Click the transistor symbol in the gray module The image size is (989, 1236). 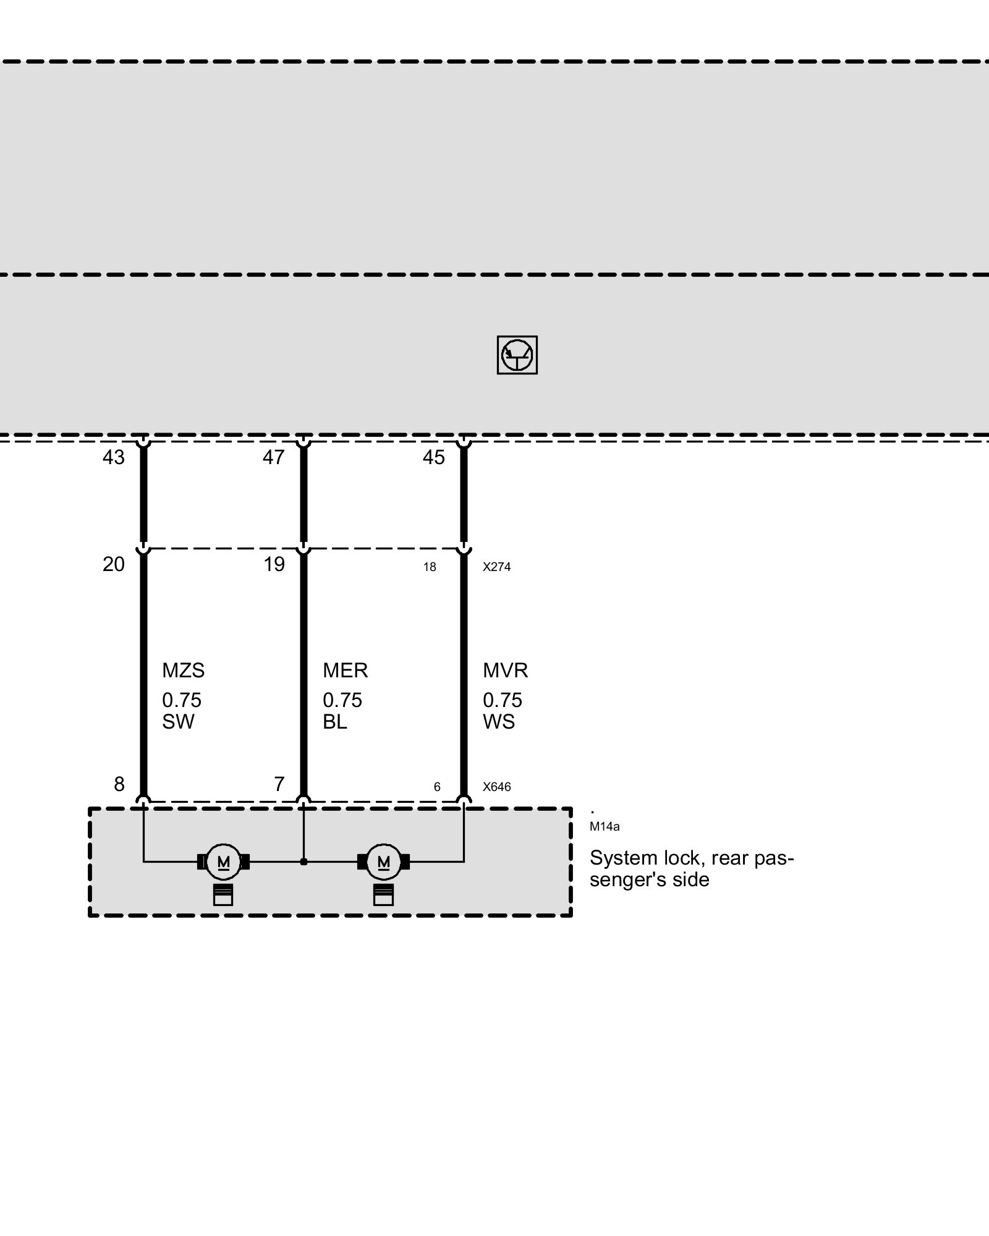click(x=517, y=355)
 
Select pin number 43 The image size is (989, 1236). click(x=114, y=457)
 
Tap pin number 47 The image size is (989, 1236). click(x=274, y=457)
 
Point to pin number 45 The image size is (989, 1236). click(x=434, y=457)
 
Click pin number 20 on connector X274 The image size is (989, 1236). click(x=114, y=564)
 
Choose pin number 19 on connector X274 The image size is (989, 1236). click(x=274, y=564)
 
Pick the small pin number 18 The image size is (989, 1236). click(x=430, y=567)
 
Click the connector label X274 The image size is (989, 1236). click(x=497, y=567)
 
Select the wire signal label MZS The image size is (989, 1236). click(x=183, y=671)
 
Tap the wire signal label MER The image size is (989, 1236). click(x=345, y=671)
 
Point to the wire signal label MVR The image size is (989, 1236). click(x=506, y=671)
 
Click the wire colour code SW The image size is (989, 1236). click(x=178, y=722)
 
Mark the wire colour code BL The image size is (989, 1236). click(x=335, y=722)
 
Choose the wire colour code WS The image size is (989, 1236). click(x=499, y=722)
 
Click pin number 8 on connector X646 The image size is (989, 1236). click(x=119, y=784)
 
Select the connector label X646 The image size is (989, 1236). click(x=497, y=787)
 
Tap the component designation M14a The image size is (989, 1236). click(x=605, y=827)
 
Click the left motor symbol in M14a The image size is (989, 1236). click(x=223, y=861)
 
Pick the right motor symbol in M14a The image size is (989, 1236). click(x=383, y=861)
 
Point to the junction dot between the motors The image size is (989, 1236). click(x=303, y=861)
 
